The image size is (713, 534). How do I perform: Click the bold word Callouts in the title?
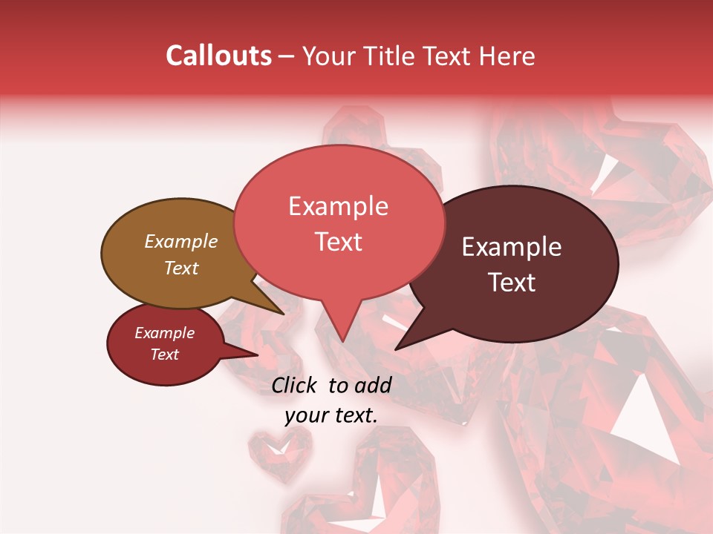point(218,56)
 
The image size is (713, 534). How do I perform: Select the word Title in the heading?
point(392,56)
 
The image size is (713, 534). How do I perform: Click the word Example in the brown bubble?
point(180,241)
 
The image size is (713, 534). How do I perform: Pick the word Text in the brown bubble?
point(180,268)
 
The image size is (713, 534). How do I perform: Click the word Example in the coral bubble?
point(338,206)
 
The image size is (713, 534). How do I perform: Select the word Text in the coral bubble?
point(338,242)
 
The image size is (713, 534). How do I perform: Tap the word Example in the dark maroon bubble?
point(512,247)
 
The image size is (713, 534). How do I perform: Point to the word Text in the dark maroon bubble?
point(512,282)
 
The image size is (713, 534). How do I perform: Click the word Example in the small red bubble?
point(164,333)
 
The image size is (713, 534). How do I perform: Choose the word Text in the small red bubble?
point(164,355)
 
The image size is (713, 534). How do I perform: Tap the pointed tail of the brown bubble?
point(282,313)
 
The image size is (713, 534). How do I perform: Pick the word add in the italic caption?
point(373,385)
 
